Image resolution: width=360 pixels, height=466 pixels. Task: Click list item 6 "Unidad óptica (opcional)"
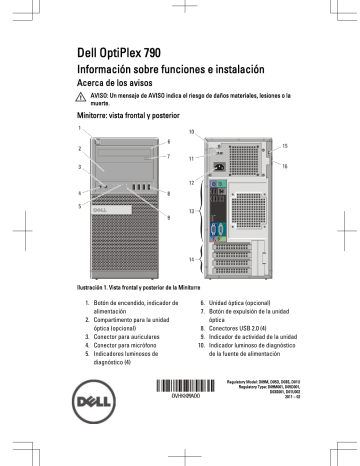pyautogui.click(x=244, y=301)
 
